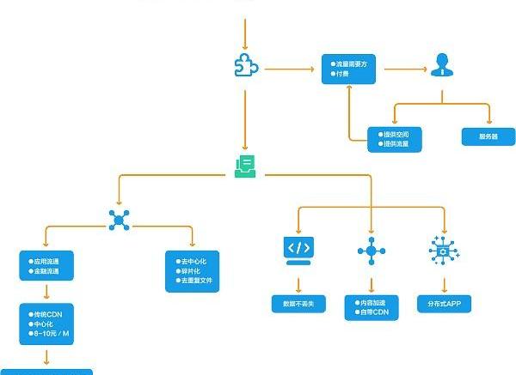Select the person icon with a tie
click(441, 65)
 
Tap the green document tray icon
click(245, 166)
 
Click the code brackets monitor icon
click(298, 249)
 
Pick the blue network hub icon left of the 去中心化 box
click(119, 220)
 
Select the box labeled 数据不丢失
click(298, 303)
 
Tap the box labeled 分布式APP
click(444, 303)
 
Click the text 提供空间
click(402, 135)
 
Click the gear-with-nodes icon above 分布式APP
click(444, 249)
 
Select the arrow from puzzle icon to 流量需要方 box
click(288, 67)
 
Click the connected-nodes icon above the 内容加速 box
click(372, 250)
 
